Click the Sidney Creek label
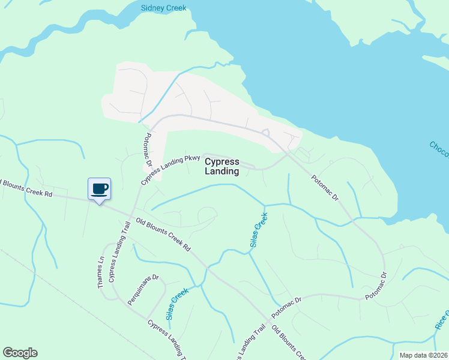click(163, 8)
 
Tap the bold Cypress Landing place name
click(222, 166)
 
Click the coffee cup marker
click(100, 188)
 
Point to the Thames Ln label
click(101, 272)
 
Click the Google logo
click(20, 353)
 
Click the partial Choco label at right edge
click(439, 151)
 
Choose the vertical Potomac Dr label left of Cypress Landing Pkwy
click(148, 150)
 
